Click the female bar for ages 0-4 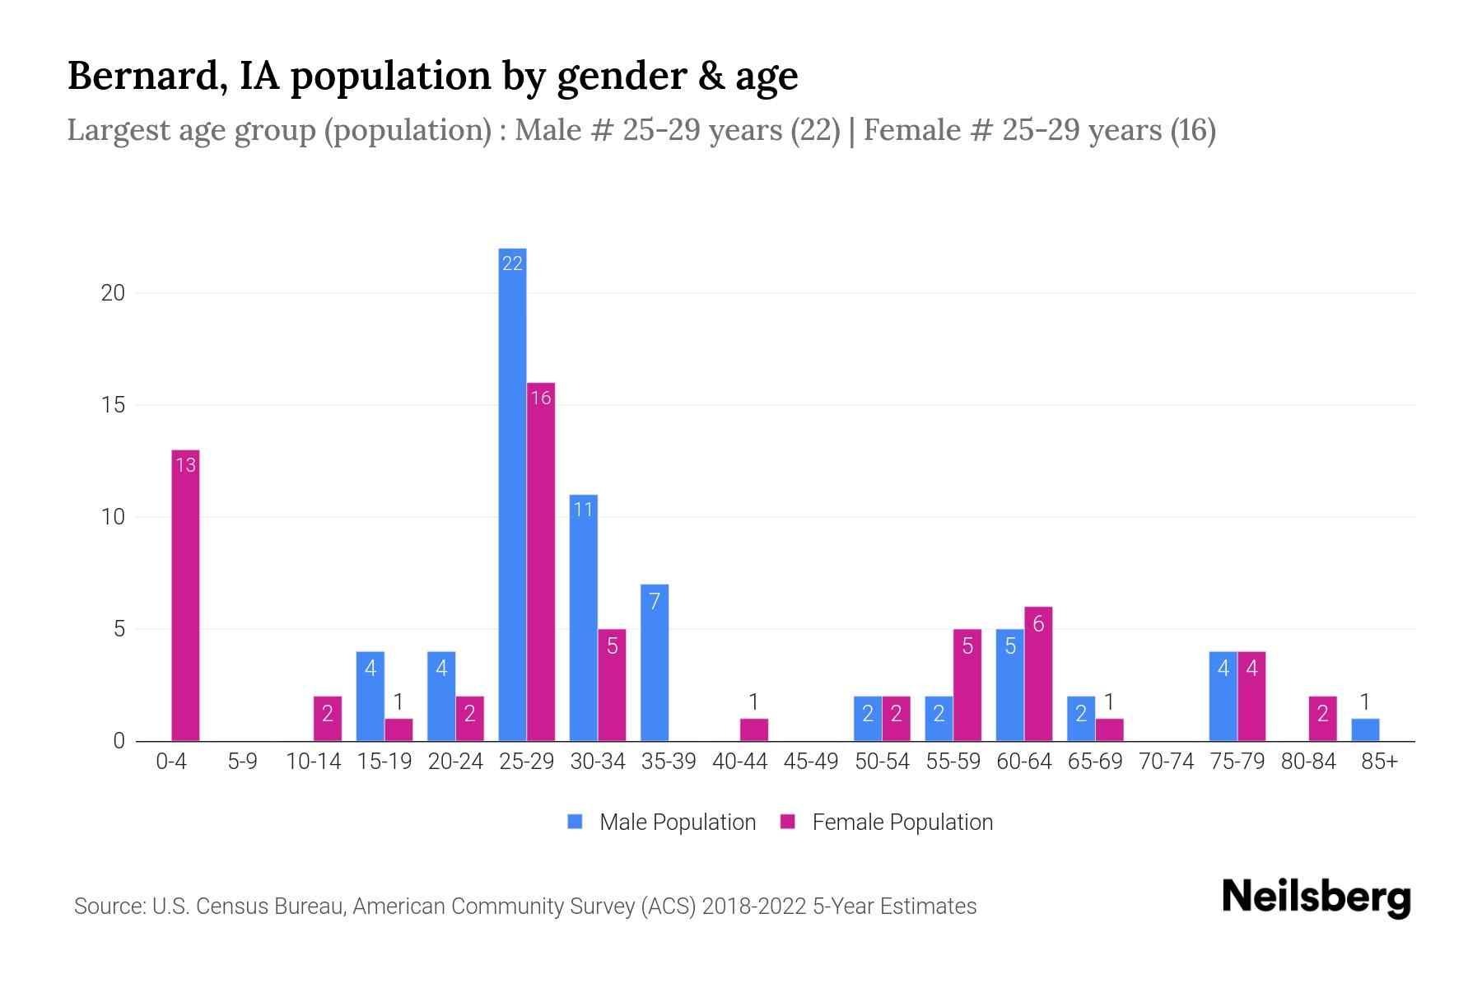185,596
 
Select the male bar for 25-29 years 512,494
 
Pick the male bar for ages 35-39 655,663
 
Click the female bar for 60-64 1038,674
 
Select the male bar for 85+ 1365,730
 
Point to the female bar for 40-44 754,730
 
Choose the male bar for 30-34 583,617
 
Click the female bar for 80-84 1323,719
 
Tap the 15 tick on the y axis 113,405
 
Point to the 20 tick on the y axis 113,293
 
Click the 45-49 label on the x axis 811,762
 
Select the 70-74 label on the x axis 1166,762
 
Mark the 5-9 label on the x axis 242,762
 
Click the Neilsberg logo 1316,897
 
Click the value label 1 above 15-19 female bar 398,702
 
